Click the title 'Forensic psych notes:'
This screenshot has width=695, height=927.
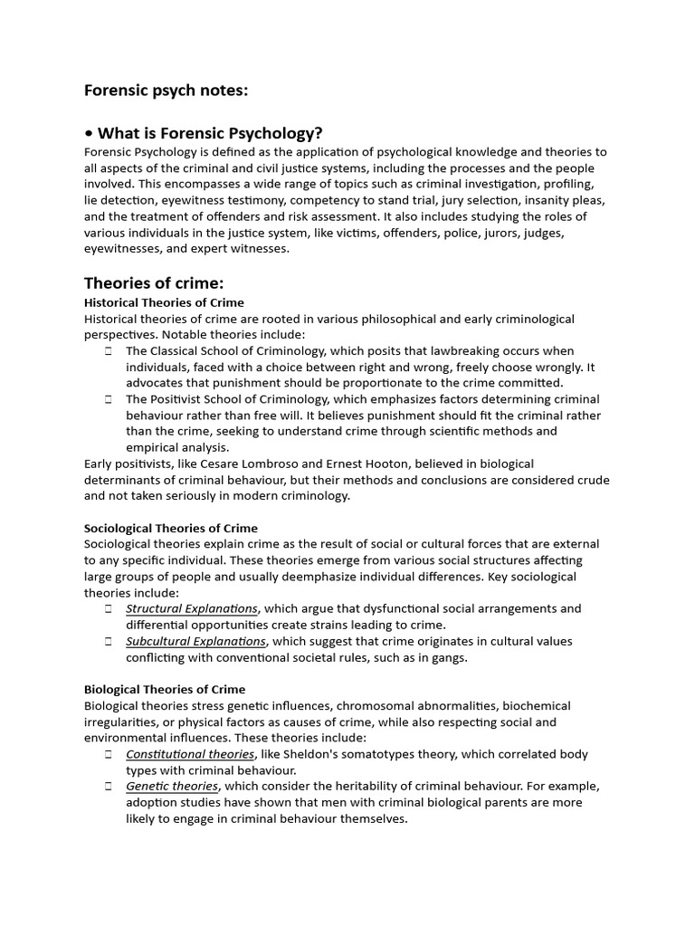point(166,91)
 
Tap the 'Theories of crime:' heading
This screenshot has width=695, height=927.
point(154,283)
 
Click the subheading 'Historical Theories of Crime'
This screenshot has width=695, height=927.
point(164,302)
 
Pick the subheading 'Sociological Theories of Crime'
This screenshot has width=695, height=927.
point(171,528)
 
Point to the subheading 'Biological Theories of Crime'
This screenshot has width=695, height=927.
point(164,689)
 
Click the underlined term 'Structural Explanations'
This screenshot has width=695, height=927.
point(192,608)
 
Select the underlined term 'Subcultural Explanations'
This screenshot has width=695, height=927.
point(195,641)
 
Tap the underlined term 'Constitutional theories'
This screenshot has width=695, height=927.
point(190,754)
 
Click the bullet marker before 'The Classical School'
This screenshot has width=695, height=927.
point(108,351)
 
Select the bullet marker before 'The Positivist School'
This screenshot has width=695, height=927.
point(108,399)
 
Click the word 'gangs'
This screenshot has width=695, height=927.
point(446,657)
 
